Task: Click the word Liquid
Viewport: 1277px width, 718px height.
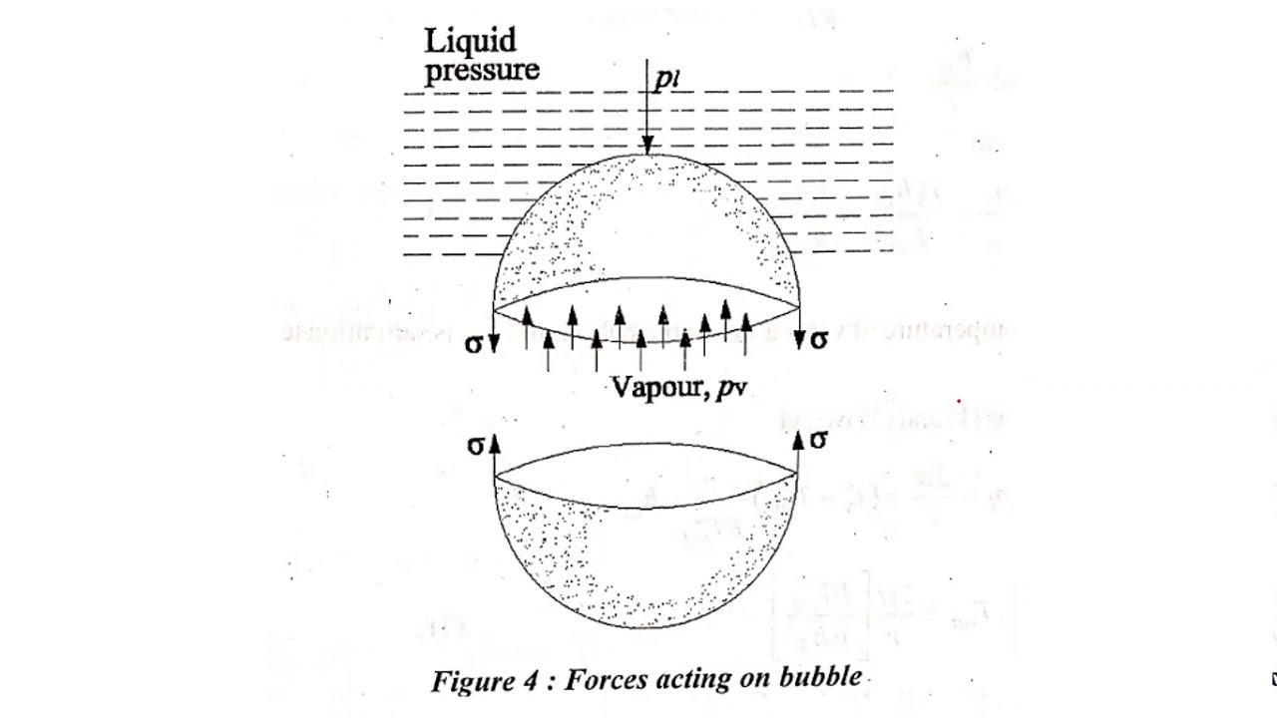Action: click(x=471, y=42)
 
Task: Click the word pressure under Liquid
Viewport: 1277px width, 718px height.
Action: click(x=482, y=71)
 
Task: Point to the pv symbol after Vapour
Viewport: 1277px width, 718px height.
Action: click(x=731, y=389)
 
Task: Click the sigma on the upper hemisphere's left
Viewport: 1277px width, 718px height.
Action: click(x=474, y=345)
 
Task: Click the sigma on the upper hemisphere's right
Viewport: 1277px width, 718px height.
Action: click(x=819, y=340)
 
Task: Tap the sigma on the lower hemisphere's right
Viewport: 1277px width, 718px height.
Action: click(x=819, y=440)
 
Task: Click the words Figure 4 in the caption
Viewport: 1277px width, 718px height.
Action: click(x=487, y=681)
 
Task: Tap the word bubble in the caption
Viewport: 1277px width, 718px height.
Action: click(x=824, y=678)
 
